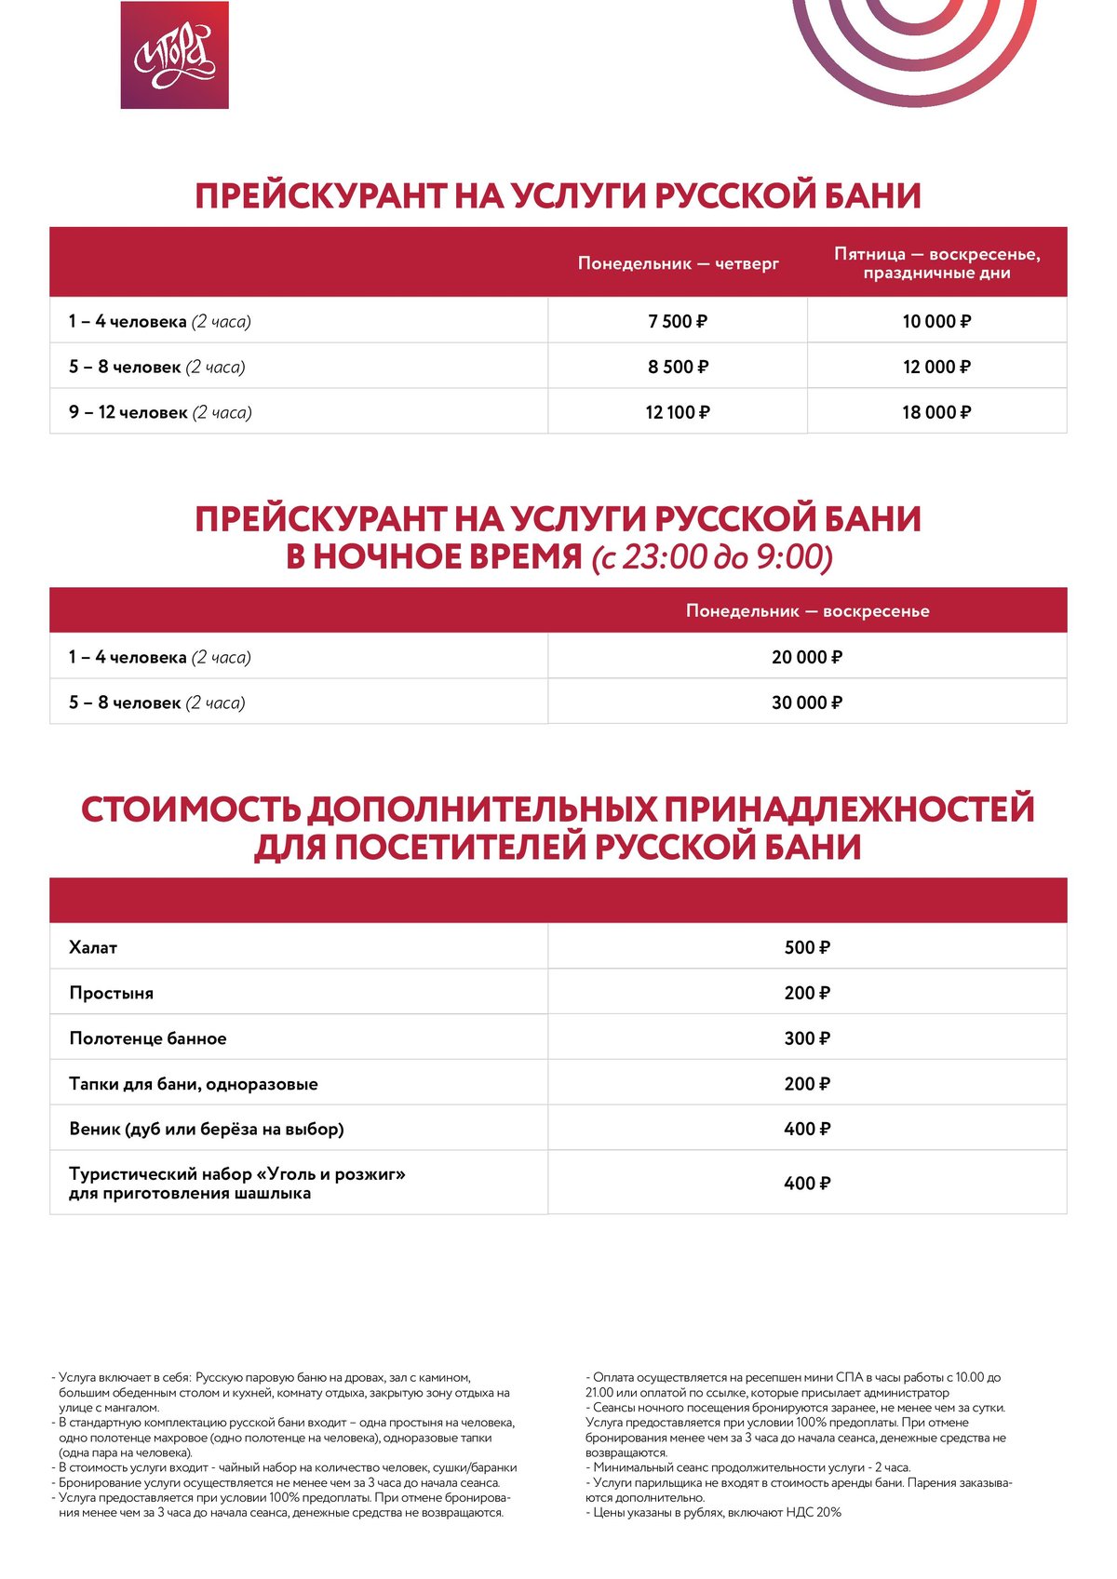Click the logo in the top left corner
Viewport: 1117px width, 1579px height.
174,55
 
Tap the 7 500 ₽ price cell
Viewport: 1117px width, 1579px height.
678,321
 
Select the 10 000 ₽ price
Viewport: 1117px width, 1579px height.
936,321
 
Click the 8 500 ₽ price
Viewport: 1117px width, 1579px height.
678,367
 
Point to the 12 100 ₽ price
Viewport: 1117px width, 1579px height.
678,412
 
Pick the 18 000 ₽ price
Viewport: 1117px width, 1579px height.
936,412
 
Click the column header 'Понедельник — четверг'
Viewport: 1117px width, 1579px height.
678,263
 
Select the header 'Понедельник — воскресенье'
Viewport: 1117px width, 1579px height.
807,611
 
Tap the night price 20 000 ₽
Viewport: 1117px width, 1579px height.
807,657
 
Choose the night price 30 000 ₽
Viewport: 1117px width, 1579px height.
807,703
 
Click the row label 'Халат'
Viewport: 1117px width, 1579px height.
93,947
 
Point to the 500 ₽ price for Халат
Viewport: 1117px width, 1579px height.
807,947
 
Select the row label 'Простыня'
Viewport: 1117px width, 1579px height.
111,993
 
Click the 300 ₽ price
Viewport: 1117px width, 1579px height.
807,1038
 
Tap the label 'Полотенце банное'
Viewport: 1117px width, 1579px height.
147,1038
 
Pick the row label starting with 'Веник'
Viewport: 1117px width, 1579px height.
206,1129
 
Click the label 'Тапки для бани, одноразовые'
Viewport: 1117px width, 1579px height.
193,1084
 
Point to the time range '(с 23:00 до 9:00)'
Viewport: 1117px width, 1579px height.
712,556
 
